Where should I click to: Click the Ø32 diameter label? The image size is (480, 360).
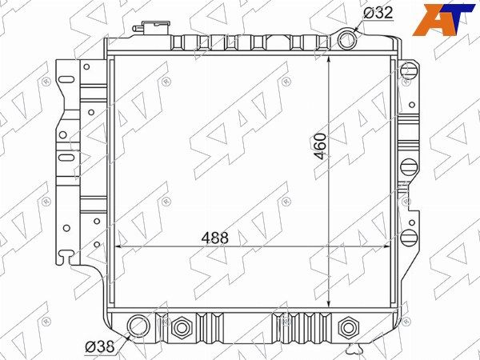378,13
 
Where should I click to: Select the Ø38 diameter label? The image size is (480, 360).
100,346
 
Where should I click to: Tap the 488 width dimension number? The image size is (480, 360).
215,238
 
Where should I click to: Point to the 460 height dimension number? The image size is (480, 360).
320,146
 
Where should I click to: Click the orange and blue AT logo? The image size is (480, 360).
443,19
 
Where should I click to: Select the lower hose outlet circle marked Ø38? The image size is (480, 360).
138,326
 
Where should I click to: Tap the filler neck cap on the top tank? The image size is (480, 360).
151,28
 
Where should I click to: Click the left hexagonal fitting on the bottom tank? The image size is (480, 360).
182,328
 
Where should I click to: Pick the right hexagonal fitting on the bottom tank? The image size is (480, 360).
349,328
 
